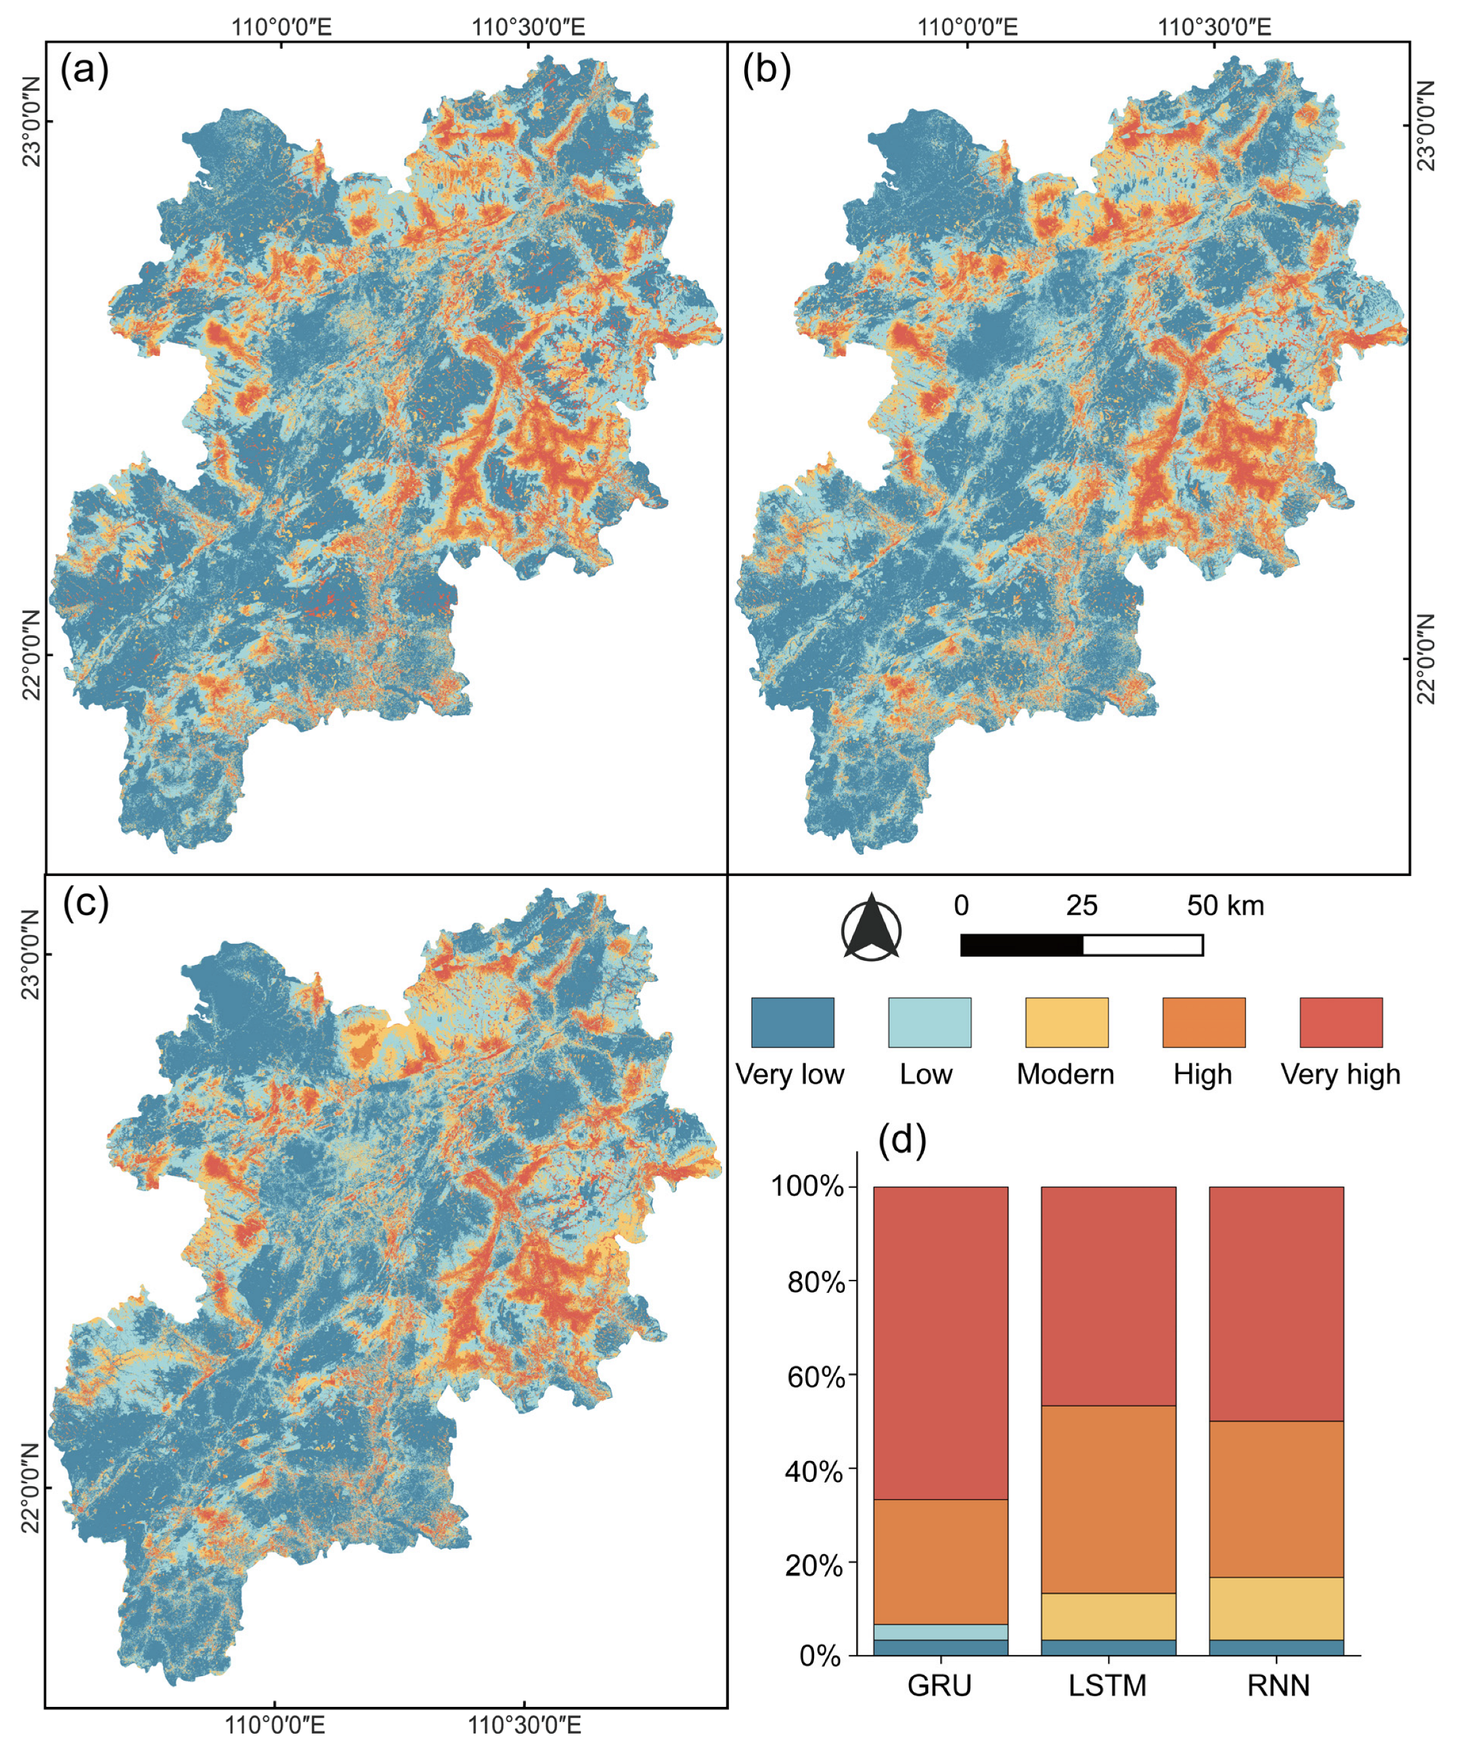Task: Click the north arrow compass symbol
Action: point(871,927)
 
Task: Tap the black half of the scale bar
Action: point(1021,945)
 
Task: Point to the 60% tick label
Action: point(814,1378)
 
